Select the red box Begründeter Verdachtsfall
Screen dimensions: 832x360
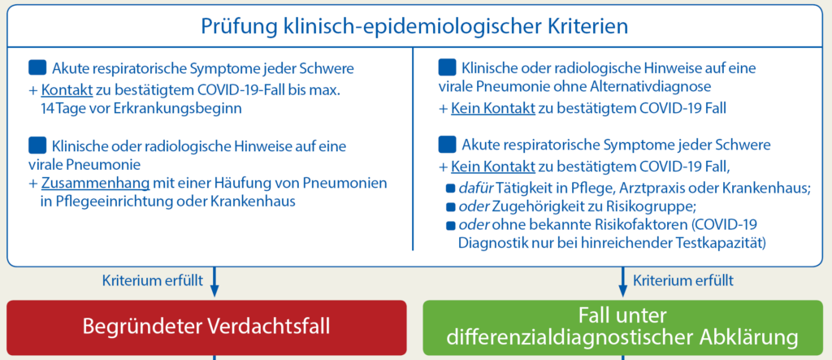tap(206, 327)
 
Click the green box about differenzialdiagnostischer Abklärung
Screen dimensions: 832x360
tap(622, 327)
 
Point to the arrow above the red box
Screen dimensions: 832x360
tap(214, 281)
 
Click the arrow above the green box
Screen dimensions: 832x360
tap(623, 281)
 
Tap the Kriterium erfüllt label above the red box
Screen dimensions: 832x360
tap(152, 280)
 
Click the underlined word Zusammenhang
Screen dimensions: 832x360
tap(95, 184)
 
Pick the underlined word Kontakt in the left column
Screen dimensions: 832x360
tap(67, 90)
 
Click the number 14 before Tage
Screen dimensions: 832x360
tap(46, 109)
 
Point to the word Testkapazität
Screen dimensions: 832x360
tap(718, 244)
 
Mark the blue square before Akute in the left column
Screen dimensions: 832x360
tap(37, 67)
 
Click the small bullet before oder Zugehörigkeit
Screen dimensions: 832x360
tap(451, 206)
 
